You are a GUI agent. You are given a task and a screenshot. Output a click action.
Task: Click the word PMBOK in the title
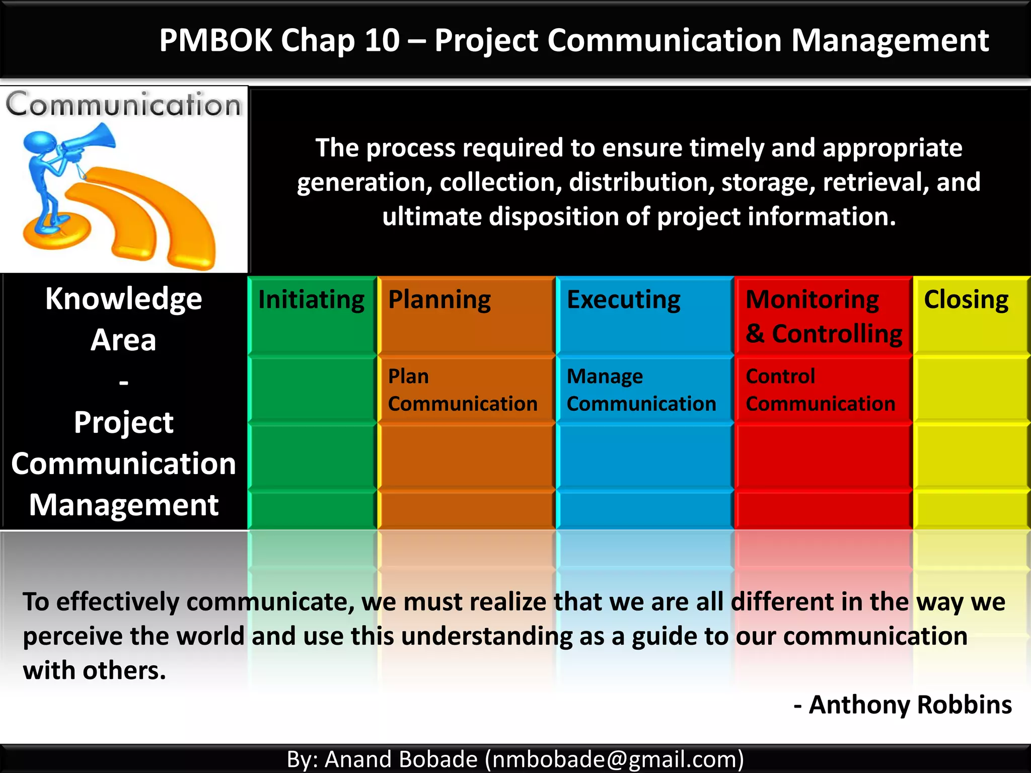(x=215, y=40)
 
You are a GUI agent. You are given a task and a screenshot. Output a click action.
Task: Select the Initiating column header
(x=311, y=300)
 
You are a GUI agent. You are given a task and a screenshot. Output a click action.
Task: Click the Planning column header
(x=439, y=300)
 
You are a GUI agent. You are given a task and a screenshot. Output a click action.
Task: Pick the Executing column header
(x=623, y=300)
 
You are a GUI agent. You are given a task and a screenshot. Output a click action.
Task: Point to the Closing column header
(x=966, y=300)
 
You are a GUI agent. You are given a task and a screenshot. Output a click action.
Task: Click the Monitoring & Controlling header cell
(x=824, y=317)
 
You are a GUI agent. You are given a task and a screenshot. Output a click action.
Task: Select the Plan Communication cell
(x=462, y=390)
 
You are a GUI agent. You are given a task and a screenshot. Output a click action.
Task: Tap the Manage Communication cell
(x=641, y=390)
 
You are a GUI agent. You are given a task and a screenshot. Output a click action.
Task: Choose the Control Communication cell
(x=820, y=390)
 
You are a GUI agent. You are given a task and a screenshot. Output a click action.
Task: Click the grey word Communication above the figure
(x=123, y=105)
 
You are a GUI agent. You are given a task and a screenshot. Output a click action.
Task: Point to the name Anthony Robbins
(x=910, y=705)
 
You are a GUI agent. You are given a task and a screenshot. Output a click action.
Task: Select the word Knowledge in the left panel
(x=123, y=299)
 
